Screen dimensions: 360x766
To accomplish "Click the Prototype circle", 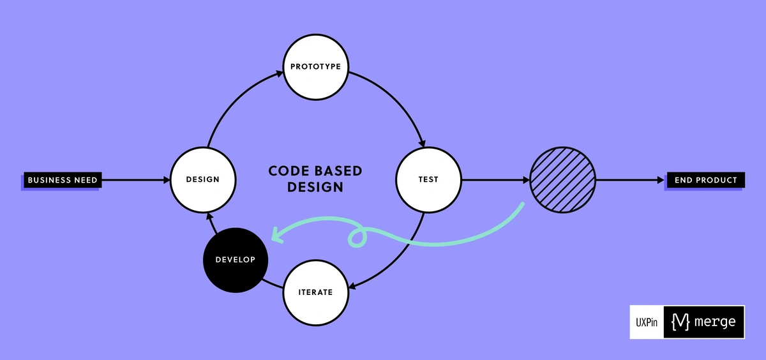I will coord(316,66).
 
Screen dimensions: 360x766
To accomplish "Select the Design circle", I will coord(202,179).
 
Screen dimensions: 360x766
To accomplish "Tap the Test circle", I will coord(428,179).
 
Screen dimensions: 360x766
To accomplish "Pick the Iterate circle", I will coord(316,292).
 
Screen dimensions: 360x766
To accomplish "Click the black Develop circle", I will coord(235,260).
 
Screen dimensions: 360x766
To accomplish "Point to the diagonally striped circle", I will coord(562,179).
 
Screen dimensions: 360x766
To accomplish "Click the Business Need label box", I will coord(62,180).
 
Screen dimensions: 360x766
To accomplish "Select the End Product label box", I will coord(705,180).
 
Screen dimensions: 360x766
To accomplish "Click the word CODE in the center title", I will coord(289,171).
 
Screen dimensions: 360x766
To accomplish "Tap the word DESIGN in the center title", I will coord(315,188).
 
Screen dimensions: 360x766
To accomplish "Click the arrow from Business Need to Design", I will coord(135,180).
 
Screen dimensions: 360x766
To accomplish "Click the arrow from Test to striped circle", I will coord(495,180).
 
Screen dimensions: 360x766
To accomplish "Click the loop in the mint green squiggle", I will coord(357,237).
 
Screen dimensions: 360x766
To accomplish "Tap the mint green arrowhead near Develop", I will coord(276,236).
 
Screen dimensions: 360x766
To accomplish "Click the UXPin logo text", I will coord(647,323).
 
